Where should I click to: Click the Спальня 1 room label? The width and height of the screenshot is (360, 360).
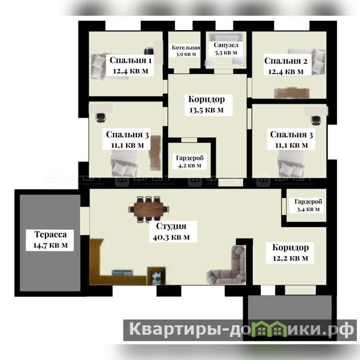click(130, 65)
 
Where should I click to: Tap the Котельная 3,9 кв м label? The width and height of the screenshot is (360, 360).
click(186, 51)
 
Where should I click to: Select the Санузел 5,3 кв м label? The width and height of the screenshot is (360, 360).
click(226, 49)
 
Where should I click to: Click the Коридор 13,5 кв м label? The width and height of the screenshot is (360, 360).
click(207, 104)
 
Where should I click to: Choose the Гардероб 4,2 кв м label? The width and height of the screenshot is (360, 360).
click(189, 162)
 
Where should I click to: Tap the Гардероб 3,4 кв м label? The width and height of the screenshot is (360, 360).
click(308, 205)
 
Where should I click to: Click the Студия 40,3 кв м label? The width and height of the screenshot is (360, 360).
click(171, 231)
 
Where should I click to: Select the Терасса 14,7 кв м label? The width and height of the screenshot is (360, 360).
click(50, 240)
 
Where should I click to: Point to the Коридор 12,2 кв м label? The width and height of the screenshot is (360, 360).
click(290, 252)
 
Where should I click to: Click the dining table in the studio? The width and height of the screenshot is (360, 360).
click(148, 209)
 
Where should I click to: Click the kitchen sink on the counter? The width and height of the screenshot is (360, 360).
click(122, 273)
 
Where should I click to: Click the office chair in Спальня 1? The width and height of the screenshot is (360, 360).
click(149, 51)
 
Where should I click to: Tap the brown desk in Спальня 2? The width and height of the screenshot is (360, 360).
click(292, 93)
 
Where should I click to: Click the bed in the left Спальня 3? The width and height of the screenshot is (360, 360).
click(125, 163)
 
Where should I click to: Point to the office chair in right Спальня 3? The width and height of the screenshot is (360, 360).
click(316, 120)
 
